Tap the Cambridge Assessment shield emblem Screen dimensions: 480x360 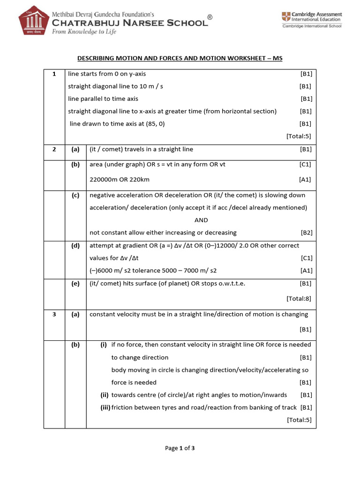[x=285, y=17]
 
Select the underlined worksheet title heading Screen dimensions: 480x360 [x=180, y=58]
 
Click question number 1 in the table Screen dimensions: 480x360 [x=54, y=74]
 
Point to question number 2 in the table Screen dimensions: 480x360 [x=54, y=150]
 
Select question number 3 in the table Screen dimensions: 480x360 [x=54, y=315]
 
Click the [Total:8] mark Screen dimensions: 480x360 [x=299, y=298]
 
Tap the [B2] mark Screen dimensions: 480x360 [x=306, y=232]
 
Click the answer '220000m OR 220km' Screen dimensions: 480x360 [x=120, y=180]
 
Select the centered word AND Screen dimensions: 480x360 [x=201, y=220]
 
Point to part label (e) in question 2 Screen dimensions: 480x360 [x=75, y=284]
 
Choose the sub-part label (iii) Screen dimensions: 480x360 [x=105, y=408]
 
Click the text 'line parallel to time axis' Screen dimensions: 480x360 [x=103, y=99]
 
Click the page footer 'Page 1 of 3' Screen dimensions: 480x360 [x=180, y=448]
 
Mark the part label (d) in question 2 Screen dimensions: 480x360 [x=75, y=246]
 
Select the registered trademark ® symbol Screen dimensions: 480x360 [x=210, y=17]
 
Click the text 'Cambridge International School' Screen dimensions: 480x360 [x=311, y=26]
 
